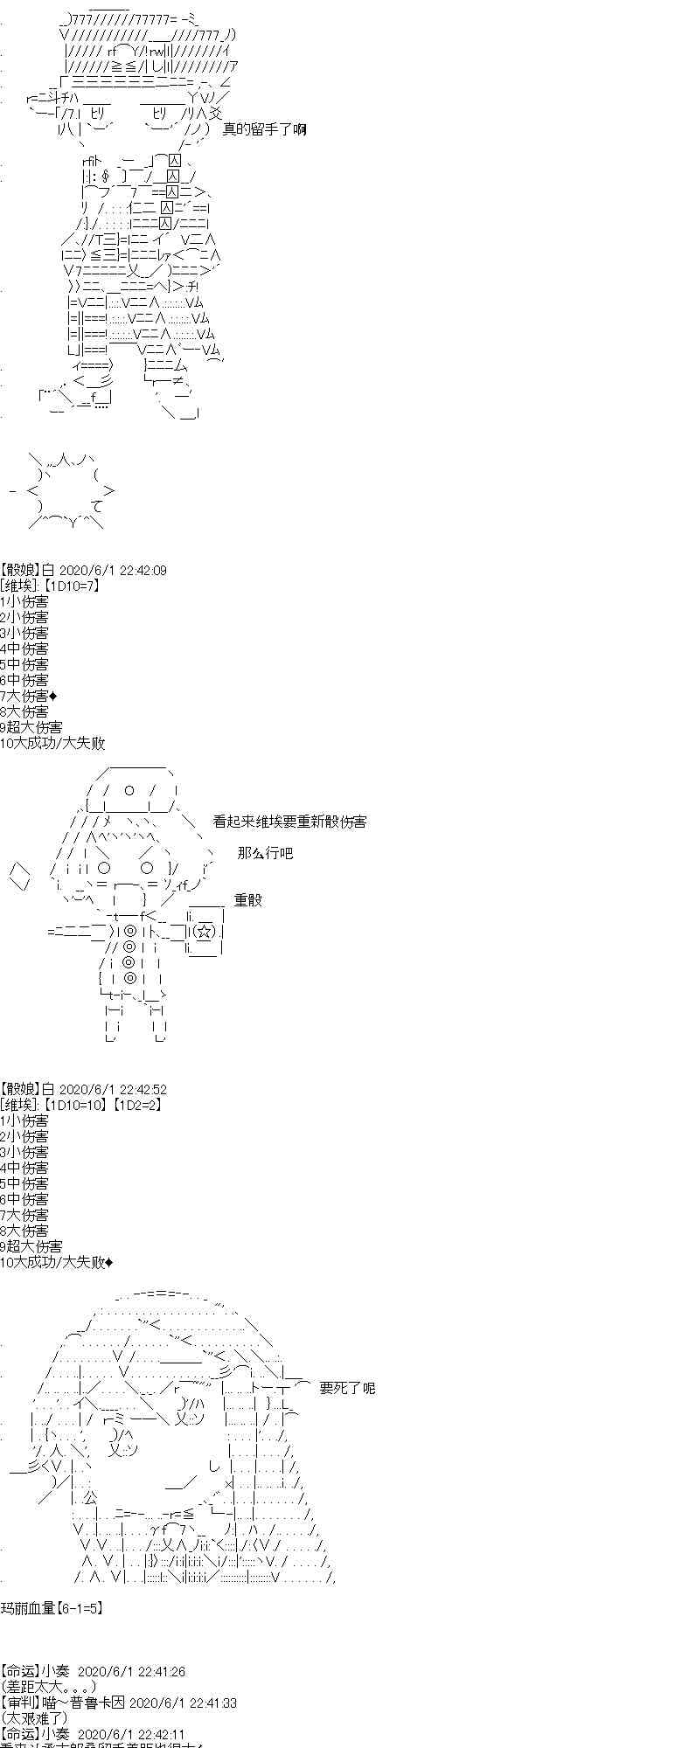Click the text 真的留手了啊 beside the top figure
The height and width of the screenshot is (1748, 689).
(x=263, y=129)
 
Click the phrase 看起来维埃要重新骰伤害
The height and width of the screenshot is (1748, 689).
(x=289, y=822)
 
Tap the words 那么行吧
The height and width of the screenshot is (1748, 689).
(x=265, y=853)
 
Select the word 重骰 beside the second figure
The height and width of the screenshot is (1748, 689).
(x=247, y=900)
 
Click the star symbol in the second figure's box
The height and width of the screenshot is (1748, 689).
(x=203, y=932)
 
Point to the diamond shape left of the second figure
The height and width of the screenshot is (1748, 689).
(x=21, y=876)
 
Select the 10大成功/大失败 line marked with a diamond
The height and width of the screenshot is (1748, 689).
(x=56, y=1262)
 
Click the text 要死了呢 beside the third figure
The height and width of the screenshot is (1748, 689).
(x=347, y=1388)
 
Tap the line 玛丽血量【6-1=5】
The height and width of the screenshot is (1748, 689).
(x=52, y=1607)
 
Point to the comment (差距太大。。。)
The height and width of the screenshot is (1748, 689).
(x=48, y=1687)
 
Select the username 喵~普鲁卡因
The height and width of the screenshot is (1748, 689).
(x=83, y=1703)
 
